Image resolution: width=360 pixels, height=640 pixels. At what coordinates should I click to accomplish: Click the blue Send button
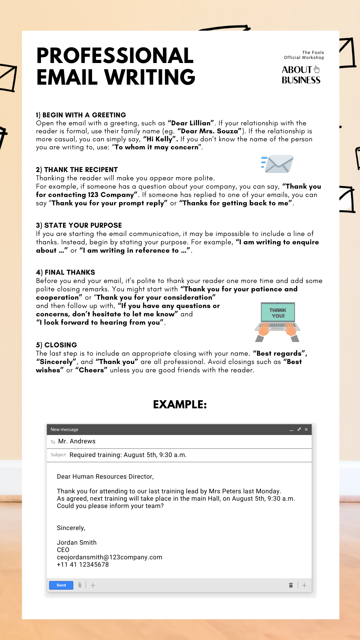click(61, 585)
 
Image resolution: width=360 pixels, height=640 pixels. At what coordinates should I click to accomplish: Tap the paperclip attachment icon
click(80, 585)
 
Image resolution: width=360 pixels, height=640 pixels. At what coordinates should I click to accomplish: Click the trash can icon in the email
click(291, 585)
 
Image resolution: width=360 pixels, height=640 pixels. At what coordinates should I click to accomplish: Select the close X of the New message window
click(306, 429)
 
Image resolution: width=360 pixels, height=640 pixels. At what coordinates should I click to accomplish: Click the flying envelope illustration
click(278, 164)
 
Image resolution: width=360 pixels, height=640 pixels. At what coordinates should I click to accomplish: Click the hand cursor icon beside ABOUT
click(317, 69)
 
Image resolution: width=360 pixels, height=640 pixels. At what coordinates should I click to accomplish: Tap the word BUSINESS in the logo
click(301, 80)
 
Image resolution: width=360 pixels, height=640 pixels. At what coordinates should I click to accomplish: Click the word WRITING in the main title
click(150, 77)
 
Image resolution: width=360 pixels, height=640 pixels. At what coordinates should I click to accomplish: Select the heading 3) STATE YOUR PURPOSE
click(79, 225)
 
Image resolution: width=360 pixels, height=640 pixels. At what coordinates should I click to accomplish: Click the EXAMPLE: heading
click(180, 404)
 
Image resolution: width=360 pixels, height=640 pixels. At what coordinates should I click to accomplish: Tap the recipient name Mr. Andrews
click(77, 441)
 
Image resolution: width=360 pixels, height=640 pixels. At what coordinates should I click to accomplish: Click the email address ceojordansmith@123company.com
click(110, 557)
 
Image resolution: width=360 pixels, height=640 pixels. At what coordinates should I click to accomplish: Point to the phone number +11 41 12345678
click(83, 564)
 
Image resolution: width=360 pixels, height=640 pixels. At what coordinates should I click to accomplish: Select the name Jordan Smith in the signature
click(77, 542)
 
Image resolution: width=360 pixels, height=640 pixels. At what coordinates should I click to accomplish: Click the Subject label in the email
click(58, 455)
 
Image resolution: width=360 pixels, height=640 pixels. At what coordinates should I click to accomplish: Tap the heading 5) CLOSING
click(56, 345)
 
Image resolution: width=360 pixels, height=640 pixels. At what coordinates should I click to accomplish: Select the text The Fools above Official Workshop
click(313, 53)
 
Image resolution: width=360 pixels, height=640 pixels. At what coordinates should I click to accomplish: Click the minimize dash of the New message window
click(291, 430)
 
